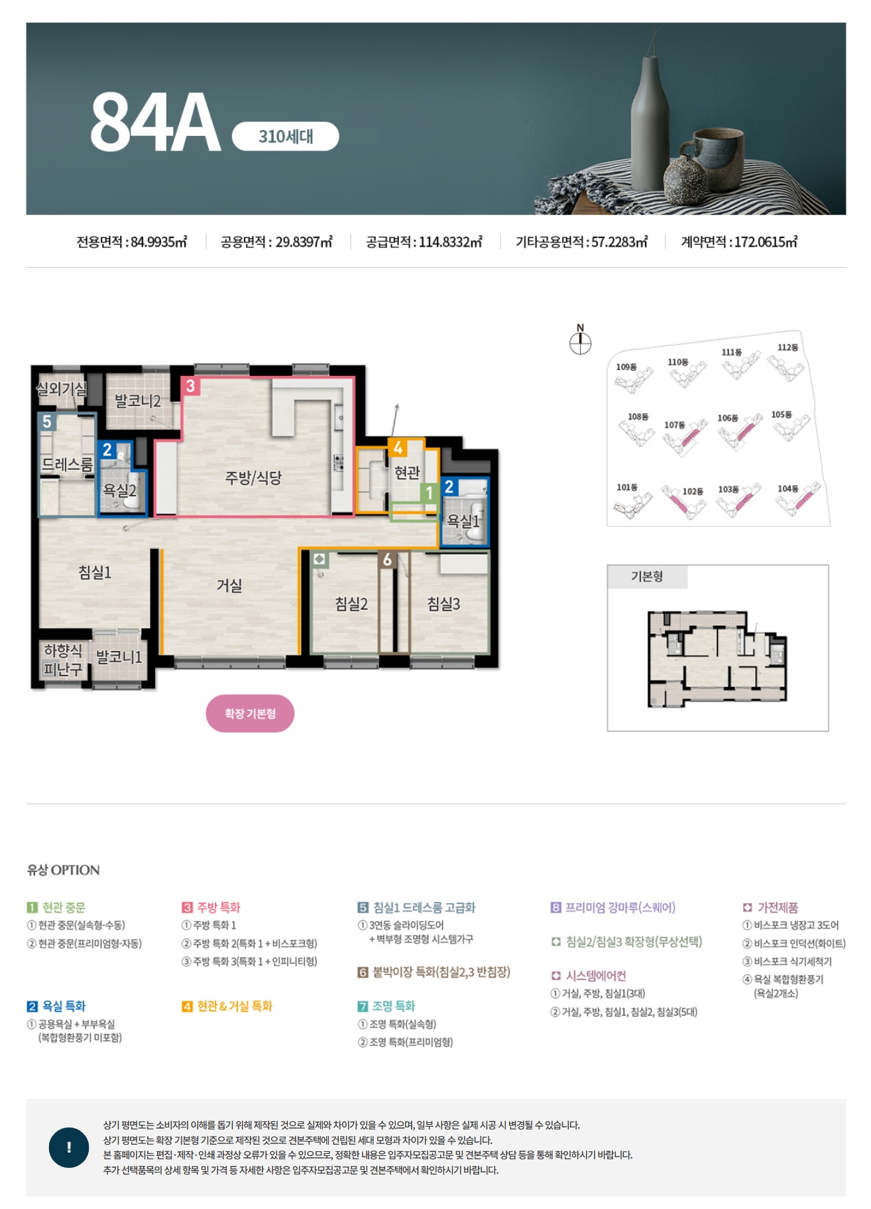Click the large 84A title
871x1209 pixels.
tap(156, 122)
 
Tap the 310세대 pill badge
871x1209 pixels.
tap(286, 137)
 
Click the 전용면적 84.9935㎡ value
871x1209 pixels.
tap(132, 242)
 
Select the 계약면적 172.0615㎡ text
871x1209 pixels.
tap(739, 242)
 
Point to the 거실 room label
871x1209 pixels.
tap(229, 586)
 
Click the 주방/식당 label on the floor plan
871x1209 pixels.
tap(253, 477)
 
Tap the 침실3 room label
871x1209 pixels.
tap(443, 604)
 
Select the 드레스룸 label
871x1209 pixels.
tap(67, 464)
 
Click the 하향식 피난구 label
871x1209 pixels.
tap(63, 660)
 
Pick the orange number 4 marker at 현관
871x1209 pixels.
tap(398, 448)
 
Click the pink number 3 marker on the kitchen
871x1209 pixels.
tap(190, 386)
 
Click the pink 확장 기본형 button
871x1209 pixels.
tap(250, 714)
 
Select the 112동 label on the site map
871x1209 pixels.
tap(787, 348)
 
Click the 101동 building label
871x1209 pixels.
tap(627, 487)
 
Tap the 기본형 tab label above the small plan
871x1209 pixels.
tap(647, 576)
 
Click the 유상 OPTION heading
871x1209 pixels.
tap(64, 870)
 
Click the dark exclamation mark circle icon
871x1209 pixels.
tap(69, 1147)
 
